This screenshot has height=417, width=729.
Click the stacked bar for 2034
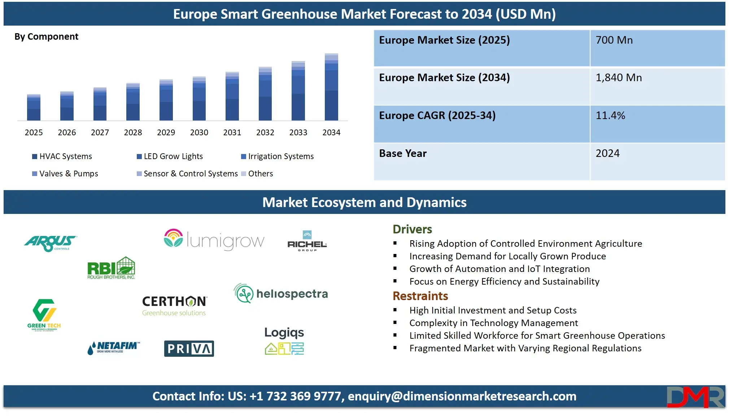[x=331, y=87]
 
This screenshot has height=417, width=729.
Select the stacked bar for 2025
[x=34, y=107]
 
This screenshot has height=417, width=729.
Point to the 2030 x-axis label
[x=199, y=132]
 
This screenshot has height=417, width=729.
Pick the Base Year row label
[x=403, y=153]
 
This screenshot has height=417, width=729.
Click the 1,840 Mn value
[x=619, y=78]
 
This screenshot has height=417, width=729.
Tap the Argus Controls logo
[x=51, y=243]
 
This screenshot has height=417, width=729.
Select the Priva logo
[x=189, y=348]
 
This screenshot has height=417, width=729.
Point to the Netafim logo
[x=113, y=348]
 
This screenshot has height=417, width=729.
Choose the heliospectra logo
[x=281, y=293]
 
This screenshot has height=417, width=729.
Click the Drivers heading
[x=412, y=229]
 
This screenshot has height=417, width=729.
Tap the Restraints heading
[x=420, y=296]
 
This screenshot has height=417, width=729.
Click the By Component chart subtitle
[x=46, y=36]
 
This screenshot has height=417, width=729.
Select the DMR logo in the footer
[x=695, y=396]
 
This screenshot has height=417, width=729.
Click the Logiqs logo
[x=284, y=340]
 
